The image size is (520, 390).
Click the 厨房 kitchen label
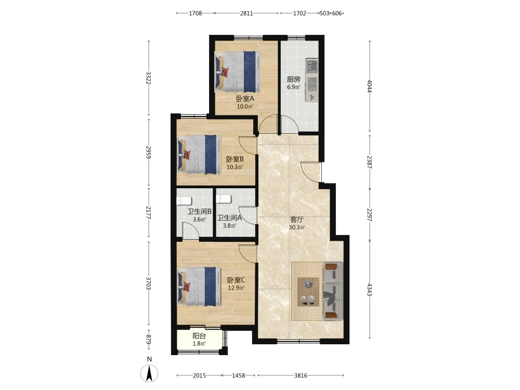tap(293, 79)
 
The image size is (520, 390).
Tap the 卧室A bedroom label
tap(245, 98)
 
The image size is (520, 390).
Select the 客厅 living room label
tap(297, 219)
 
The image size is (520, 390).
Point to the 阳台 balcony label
tap(199, 335)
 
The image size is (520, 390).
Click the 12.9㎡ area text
tap(236, 288)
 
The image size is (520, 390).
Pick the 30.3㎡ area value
tap(297, 228)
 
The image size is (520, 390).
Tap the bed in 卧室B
tap(199, 154)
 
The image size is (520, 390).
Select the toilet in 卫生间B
tap(184, 201)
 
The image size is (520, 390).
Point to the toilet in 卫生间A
tap(223, 199)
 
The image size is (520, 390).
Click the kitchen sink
tap(311, 66)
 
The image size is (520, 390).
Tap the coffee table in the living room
tap(308, 292)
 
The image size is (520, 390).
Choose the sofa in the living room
tap(333, 291)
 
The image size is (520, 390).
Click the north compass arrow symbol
tap(150, 373)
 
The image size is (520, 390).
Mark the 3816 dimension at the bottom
tap(301, 375)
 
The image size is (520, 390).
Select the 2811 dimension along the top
tap(246, 14)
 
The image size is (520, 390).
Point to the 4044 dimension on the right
tap(370, 86)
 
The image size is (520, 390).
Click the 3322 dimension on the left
tap(149, 78)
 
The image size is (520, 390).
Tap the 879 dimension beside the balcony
tap(149, 339)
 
